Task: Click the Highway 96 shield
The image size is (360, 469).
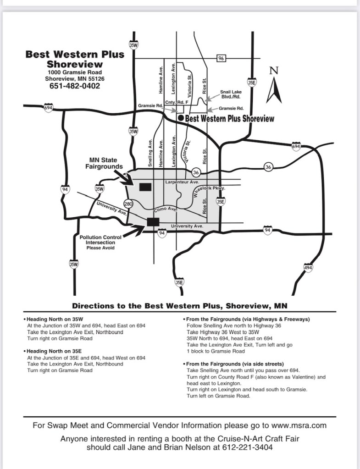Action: click(221, 58)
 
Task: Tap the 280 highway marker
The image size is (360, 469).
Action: click(128, 203)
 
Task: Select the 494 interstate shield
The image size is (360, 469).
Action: click(308, 268)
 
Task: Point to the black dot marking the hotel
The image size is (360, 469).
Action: click(181, 118)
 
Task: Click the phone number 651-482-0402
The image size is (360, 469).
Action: click(74, 86)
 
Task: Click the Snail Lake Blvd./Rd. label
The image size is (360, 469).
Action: click(231, 94)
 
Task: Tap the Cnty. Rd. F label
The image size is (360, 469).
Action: click(174, 102)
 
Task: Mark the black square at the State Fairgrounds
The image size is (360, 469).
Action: click(145, 187)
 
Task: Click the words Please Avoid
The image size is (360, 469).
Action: click(100, 248)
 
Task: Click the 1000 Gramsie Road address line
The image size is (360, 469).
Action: click(74, 72)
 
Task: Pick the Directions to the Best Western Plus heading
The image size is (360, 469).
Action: click(180, 305)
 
